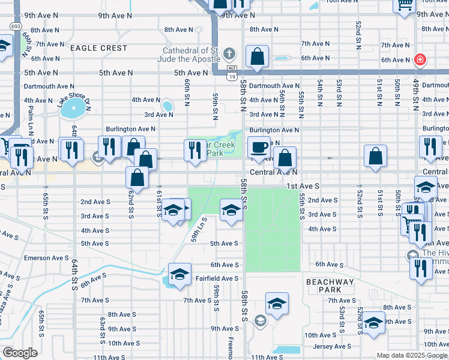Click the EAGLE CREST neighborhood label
point(98,48)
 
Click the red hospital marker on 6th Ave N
point(420,59)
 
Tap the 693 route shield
point(16,26)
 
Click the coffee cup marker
point(259,146)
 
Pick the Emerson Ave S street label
point(46,258)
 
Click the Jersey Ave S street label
point(332,346)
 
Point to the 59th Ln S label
point(199,230)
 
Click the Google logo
point(20,353)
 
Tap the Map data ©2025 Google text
point(411,355)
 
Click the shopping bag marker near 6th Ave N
point(257,58)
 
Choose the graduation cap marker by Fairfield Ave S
point(179,274)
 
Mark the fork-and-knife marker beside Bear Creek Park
point(194,149)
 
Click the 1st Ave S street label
point(303,187)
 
